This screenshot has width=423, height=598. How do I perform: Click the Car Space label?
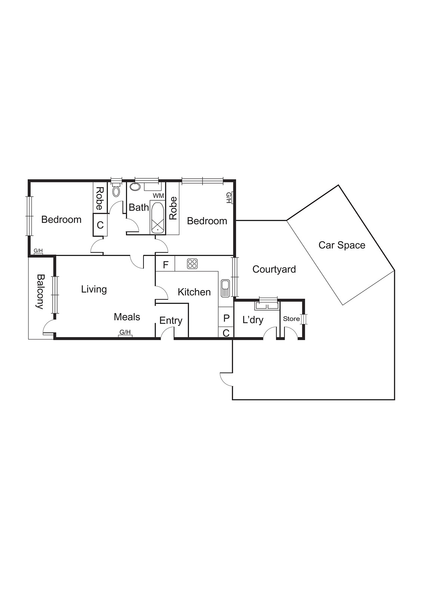[342, 245]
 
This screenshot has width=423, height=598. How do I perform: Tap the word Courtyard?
[274, 269]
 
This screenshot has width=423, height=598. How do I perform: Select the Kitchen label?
[194, 292]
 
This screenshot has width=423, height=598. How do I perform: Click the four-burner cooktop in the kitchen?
[192, 263]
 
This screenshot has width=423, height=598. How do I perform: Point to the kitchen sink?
[225, 289]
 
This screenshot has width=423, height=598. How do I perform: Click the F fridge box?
[166, 265]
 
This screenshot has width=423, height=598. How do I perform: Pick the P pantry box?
[226, 318]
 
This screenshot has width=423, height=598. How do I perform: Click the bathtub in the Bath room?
[158, 218]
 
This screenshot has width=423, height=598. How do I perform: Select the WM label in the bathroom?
[158, 196]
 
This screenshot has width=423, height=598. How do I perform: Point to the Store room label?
[291, 319]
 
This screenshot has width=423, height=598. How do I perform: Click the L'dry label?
[253, 320]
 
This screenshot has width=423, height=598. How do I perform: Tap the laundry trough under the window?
[266, 306]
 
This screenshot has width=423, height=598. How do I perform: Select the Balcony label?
[40, 291]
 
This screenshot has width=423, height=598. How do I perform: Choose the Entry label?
[171, 320]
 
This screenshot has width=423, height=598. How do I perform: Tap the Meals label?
[127, 317]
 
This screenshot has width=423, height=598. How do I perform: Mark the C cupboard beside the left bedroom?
[100, 225]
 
